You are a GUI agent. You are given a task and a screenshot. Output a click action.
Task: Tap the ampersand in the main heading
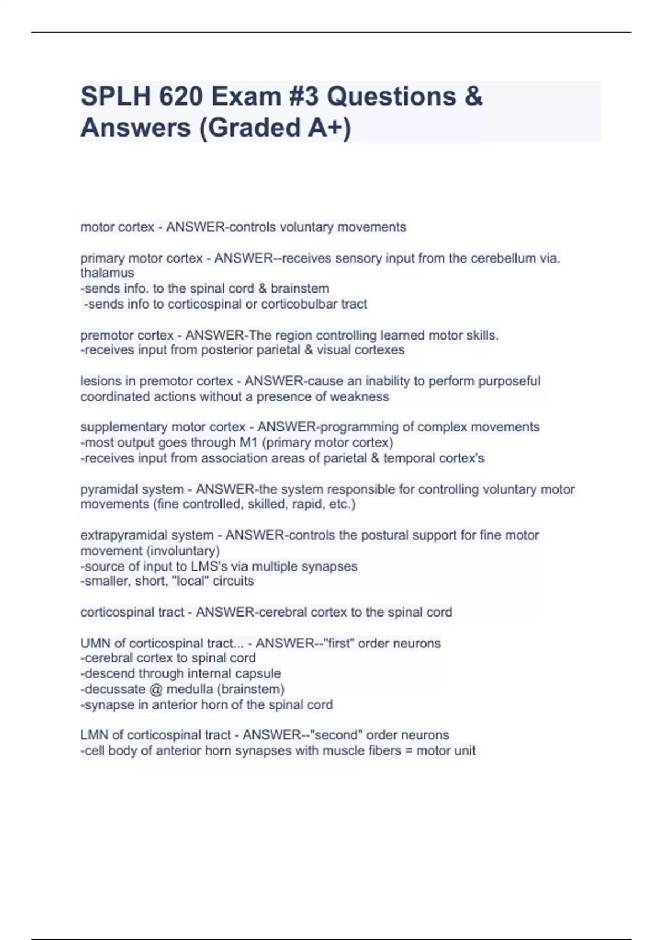(x=473, y=96)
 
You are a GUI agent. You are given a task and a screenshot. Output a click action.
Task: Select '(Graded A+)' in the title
(x=275, y=128)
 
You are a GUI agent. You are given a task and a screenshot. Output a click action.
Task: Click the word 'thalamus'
(x=107, y=273)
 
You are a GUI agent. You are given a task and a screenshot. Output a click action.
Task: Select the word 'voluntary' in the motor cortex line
(x=306, y=227)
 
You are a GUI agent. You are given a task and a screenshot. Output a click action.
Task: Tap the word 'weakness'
(x=362, y=396)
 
